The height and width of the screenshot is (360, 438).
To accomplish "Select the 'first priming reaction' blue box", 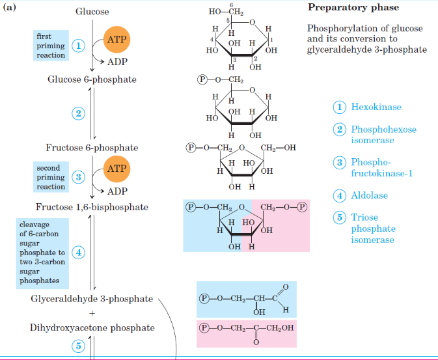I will click(50, 46).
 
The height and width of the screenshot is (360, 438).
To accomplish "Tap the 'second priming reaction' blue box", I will click(50, 177).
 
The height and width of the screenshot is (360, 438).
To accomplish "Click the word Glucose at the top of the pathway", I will click(92, 12).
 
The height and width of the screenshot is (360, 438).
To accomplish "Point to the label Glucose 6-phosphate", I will click(92, 79).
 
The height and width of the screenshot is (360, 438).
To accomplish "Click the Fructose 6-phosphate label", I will click(92, 147).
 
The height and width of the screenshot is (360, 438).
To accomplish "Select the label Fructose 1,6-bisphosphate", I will click(92, 207).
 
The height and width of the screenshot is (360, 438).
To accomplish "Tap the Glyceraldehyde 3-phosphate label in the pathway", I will click(92, 299).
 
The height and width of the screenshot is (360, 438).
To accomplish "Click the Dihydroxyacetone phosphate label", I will click(92, 327).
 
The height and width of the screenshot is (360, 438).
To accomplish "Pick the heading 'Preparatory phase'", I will click(353, 8).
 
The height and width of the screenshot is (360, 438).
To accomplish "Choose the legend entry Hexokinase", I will click(376, 107).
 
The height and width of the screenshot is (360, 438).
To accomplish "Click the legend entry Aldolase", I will click(370, 195).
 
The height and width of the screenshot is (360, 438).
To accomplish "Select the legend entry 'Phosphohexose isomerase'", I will click(383, 135).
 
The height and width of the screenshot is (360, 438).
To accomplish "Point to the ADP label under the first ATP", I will click(117, 62).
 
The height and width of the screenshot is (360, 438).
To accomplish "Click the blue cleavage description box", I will click(49, 252).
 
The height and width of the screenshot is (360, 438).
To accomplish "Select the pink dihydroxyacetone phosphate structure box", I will click(247, 333).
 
